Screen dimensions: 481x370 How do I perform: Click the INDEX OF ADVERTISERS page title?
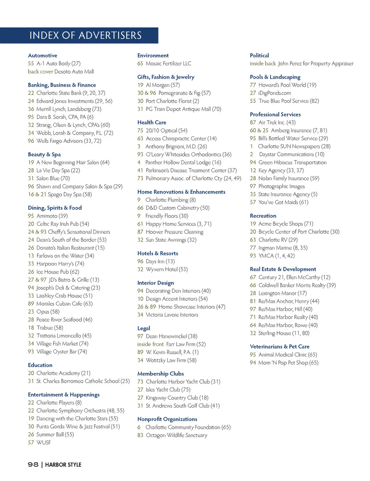tap(86, 35)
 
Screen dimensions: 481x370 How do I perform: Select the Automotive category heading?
tap(42, 56)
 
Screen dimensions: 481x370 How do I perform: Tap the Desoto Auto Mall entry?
tap(74, 72)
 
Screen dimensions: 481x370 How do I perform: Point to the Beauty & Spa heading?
tap(44, 154)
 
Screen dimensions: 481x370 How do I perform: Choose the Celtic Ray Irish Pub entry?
tap(62, 224)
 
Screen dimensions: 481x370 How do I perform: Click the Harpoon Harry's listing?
tap(60, 264)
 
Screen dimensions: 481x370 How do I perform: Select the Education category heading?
tap(40, 365)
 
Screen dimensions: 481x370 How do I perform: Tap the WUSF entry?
tap(44, 442)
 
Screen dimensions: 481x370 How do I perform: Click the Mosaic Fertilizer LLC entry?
tap(168, 64)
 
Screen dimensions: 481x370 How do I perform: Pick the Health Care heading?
tap(152, 122)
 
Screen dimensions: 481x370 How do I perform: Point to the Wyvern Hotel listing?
tap(166, 269)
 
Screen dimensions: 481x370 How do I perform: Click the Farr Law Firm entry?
tap(186, 344)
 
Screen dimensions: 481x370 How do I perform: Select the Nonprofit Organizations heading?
tap(167, 419)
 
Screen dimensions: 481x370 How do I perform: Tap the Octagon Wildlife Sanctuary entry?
tap(176, 435)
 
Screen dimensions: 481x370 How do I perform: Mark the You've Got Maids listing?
tap(283, 202)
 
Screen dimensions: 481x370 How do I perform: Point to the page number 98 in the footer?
tap(33, 464)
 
